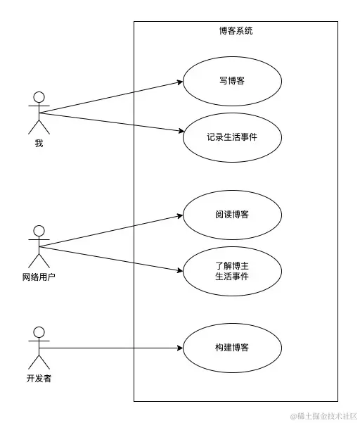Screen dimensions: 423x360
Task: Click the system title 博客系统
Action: click(236, 31)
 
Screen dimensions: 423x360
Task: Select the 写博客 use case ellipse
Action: click(232, 81)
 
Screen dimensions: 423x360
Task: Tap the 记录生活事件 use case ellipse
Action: click(232, 137)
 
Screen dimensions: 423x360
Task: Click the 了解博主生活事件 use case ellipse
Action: click(232, 271)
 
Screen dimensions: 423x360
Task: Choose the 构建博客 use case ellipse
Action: click(232, 348)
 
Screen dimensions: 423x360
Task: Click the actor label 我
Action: click(39, 144)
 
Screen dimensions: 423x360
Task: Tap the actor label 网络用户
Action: click(39, 277)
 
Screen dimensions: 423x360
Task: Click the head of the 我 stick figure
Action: click(39, 97)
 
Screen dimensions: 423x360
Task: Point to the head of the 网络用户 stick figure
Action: click(39, 231)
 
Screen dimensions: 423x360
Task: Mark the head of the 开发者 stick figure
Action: click(39, 332)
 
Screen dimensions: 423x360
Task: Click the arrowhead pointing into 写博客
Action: click(179, 82)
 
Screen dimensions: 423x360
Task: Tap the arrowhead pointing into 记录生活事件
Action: click(179, 131)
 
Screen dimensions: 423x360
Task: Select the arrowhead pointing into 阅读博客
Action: click(179, 215)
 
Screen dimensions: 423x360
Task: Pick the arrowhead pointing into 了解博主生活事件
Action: click(179, 271)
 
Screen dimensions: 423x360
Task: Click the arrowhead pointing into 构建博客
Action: click(179, 348)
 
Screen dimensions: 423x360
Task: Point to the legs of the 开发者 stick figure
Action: click(39, 362)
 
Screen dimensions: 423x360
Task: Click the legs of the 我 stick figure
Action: click(39, 127)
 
